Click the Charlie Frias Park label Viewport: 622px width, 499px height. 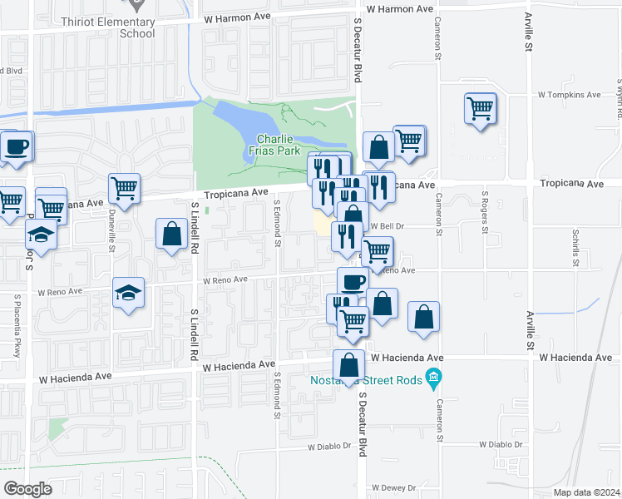pyautogui.click(x=277, y=146)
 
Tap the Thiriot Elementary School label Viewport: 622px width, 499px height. pyautogui.click(x=126, y=28)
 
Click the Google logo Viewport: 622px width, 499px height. pyautogui.click(x=27, y=488)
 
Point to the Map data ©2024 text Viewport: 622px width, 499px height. pyautogui.click(x=586, y=492)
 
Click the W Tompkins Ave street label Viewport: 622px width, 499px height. pyautogui.click(x=570, y=95)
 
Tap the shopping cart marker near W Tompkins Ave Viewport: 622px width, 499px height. pyautogui.click(x=481, y=108)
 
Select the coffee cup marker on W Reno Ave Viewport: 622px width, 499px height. pyautogui.click(x=353, y=281)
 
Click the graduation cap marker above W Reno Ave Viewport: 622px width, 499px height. pyautogui.click(x=128, y=294)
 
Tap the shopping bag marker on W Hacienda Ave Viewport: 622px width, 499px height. pyautogui.click(x=349, y=364)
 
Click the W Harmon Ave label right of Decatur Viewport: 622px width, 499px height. pyautogui.click(x=400, y=8)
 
